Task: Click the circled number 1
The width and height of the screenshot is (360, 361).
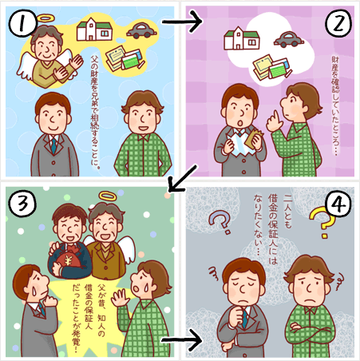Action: pos(23,23)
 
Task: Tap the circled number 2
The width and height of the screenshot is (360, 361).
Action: pos(338,23)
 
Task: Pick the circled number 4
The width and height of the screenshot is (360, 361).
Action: pos(338,204)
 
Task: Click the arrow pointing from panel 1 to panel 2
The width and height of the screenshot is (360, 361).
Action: pos(182,22)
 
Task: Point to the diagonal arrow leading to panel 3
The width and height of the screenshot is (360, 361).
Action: pos(184,178)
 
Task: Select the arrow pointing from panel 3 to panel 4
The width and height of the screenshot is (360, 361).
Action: pos(182,340)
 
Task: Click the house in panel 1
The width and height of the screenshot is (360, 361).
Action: pos(94,30)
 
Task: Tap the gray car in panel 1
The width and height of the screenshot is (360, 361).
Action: pos(141,30)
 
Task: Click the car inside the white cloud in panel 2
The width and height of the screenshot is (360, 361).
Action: pos(289,39)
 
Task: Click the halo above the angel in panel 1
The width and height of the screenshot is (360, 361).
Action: pos(45,18)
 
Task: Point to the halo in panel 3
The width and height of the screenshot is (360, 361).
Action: pos(108,196)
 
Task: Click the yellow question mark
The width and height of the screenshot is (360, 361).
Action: pos(322,222)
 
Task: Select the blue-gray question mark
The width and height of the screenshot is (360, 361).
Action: pos(220,222)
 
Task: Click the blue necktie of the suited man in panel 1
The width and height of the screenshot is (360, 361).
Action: pos(54,145)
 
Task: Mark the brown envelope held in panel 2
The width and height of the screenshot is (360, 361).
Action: pos(254,137)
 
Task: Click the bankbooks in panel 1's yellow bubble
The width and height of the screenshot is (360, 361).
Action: pos(125,58)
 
